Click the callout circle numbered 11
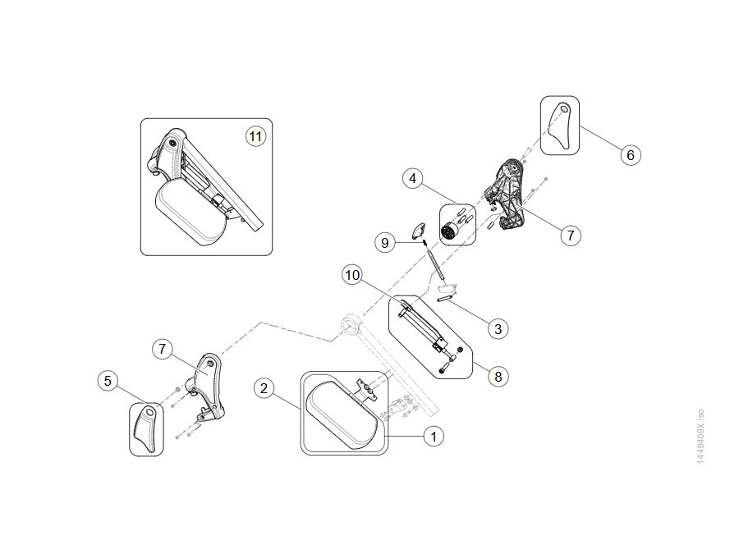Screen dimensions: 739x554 255,136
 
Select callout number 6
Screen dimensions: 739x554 631,155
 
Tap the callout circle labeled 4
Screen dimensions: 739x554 413,179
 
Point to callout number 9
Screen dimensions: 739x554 385,243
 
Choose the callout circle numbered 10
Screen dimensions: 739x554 352,275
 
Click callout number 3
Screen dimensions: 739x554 498,328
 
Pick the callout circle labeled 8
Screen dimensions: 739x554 498,377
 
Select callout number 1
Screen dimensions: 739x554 434,437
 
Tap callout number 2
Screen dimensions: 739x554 264,388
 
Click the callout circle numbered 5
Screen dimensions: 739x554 108,381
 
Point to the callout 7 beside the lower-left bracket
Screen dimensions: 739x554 163,349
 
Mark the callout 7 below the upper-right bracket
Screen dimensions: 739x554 571,235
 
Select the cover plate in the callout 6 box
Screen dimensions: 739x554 559,126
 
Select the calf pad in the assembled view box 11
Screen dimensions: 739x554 190,212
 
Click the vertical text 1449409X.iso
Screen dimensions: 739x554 700,437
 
